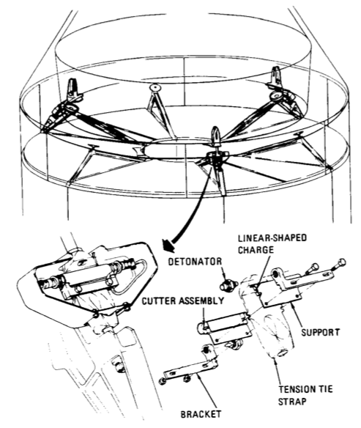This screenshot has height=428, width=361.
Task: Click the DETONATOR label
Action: click(195, 262)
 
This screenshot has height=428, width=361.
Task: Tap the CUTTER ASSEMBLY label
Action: click(183, 300)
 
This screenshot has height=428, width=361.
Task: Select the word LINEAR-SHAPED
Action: click(272, 238)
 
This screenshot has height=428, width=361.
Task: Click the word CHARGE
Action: click(256, 250)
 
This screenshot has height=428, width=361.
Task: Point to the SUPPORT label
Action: click(321, 332)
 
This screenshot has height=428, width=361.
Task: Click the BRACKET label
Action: click(201, 414)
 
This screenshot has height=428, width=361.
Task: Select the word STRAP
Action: click(292, 402)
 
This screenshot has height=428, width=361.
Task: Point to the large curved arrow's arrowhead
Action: click(168, 244)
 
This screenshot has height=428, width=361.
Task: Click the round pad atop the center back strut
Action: click(155, 88)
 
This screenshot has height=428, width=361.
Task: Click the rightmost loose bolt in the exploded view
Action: click(340, 264)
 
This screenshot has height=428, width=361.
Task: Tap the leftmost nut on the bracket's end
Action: click(162, 381)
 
